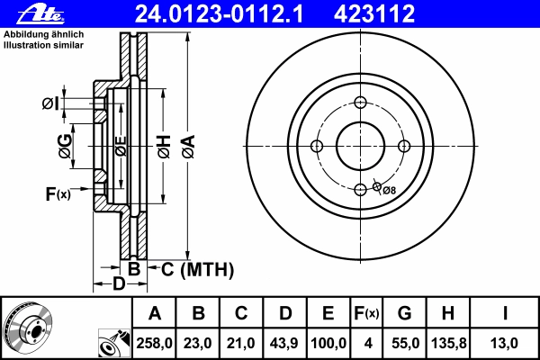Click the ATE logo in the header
(40, 14)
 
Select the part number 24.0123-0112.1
(219, 13)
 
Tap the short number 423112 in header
(374, 13)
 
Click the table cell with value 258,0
(154, 343)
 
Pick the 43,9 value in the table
(284, 343)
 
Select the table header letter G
(404, 313)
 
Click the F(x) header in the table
(366, 313)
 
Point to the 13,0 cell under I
(504, 343)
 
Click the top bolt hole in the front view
(360, 103)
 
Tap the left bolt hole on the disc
(317, 146)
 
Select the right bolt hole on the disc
(404, 146)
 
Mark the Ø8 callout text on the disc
(389, 190)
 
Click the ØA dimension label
(189, 147)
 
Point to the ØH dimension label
(164, 147)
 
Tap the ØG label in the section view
(66, 147)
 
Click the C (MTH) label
(197, 269)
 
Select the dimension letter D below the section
(119, 283)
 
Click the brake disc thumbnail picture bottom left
(28, 328)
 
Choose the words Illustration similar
(43, 45)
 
